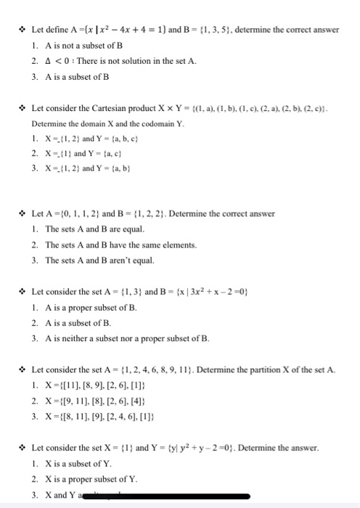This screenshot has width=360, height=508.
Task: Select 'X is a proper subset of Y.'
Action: pos(90,479)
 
